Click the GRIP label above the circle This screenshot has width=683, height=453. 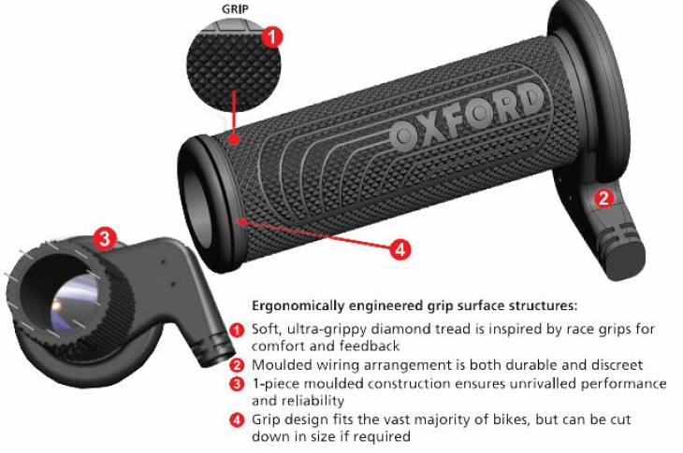click(235, 9)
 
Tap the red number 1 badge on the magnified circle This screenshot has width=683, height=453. click(272, 36)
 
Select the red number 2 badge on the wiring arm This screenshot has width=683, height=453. click(603, 198)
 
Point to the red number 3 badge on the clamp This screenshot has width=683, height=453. click(105, 238)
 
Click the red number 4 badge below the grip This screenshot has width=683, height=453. click(400, 249)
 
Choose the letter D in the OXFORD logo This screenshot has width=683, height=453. click(530, 100)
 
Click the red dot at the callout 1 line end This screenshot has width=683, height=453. click(234, 139)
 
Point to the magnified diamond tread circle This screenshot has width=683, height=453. click(234, 66)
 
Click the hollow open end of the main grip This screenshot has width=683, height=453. click(200, 205)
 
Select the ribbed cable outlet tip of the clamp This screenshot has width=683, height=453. click(214, 348)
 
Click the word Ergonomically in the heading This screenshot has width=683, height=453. click(298, 306)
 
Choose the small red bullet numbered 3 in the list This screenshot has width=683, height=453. click(237, 384)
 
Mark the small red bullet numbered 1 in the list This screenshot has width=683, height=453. click(237, 330)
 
